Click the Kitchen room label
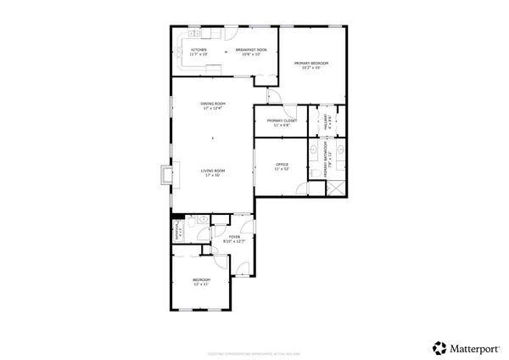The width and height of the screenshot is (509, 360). pos(199,50)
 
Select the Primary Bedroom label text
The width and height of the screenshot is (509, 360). pos(311,64)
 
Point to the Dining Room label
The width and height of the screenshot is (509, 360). pos(213,104)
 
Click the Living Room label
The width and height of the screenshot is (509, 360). pos(211,171)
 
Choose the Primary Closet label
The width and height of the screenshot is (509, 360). pos(281,121)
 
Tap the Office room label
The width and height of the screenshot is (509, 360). pos(282,164)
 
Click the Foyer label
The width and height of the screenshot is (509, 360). pos(234,237)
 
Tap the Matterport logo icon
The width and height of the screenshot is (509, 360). pos(439,346)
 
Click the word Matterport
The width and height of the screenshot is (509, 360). pos(474,346)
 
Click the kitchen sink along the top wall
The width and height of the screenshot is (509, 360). pos(193,35)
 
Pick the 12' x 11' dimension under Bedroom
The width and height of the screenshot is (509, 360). pos(201,284)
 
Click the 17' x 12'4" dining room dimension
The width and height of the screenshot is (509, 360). pos(213,109)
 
